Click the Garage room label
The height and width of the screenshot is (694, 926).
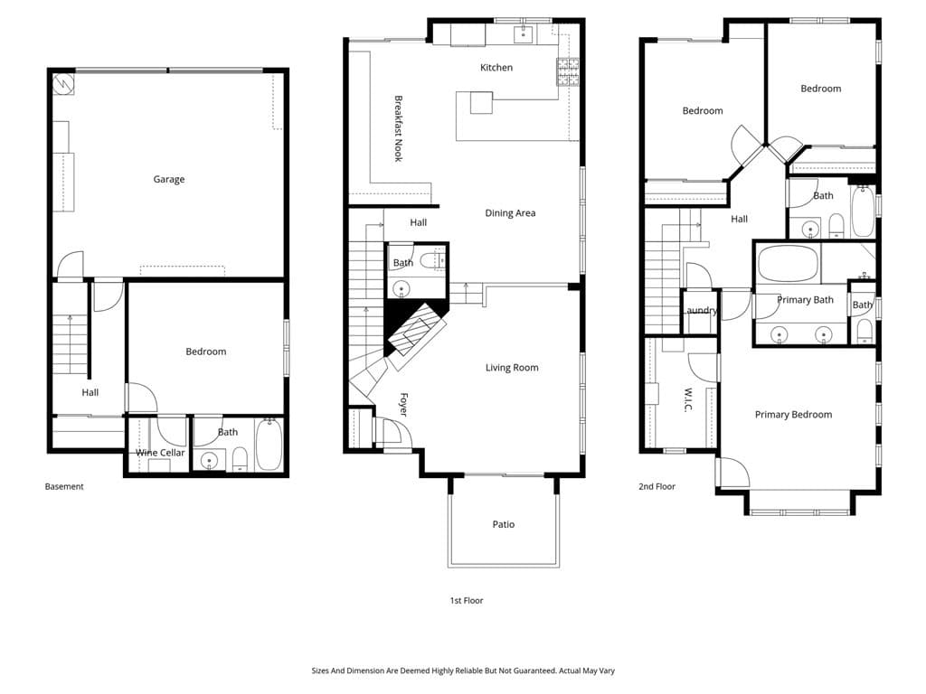click(x=168, y=180)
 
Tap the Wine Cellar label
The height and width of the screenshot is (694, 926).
click(x=160, y=453)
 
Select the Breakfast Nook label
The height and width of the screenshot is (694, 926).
click(x=398, y=128)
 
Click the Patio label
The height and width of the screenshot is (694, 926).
click(x=504, y=524)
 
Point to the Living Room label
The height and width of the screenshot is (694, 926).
click(x=512, y=368)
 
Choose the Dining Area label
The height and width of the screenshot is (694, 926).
click(x=510, y=213)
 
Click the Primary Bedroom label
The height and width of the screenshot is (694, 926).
click(x=793, y=415)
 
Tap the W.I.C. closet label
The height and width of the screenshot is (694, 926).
click(x=688, y=400)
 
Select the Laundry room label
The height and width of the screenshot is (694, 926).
click(x=701, y=311)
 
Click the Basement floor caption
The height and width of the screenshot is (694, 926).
click(x=64, y=486)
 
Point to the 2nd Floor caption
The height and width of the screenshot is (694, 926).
click(x=657, y=486)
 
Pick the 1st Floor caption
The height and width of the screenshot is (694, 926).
click(x=467, y=600)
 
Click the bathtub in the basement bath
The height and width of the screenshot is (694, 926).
click(x=269, y=445)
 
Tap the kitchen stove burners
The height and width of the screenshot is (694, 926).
click(x=567, y=71)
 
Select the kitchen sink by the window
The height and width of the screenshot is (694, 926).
click(x=523, y=35)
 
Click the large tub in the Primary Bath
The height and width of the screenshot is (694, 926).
click(x=787, y=264)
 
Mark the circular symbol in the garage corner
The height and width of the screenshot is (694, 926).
click(x=62, y=84)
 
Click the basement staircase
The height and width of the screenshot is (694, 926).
click(x=70, y=343)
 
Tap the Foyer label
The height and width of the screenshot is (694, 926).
click(x=403, y=404)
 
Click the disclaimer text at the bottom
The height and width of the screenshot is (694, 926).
click(x=463, y=671)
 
